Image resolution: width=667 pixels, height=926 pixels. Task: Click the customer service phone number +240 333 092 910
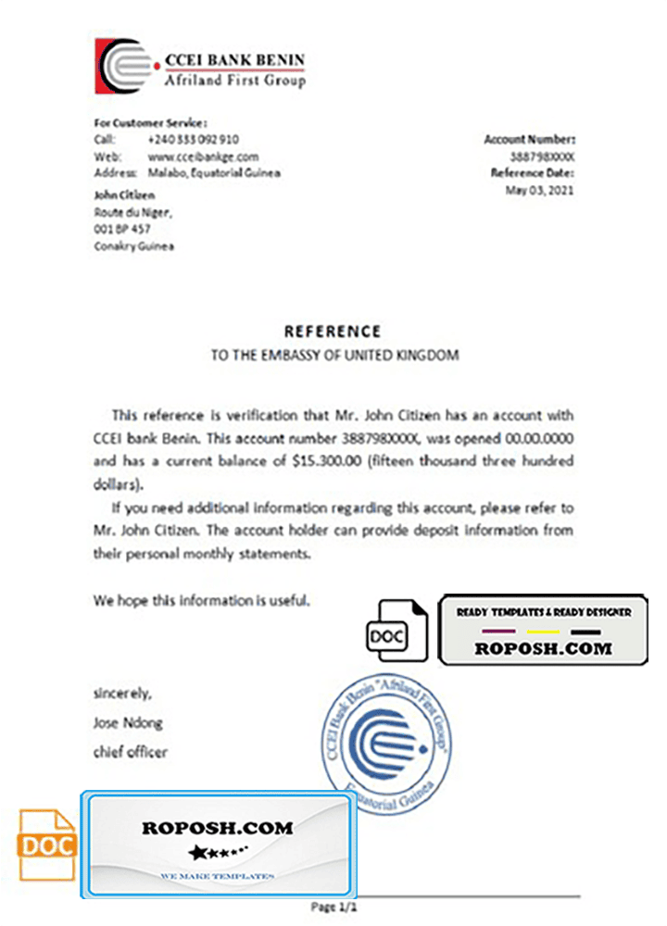[x=193, y=139]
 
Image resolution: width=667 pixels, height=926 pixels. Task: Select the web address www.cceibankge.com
[x=203, y=156]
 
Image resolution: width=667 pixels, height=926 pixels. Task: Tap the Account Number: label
[x=529, y=139]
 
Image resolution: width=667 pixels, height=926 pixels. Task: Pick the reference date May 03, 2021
[x=539, y=191]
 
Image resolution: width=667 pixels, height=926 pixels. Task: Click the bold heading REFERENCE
[x=333, y=331]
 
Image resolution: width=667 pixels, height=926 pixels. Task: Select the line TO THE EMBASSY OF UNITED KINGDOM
[x=333, y=355]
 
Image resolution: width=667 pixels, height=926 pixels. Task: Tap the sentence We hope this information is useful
[x=202, y=600]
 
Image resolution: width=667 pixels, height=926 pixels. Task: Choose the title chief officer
[x=131, y=752]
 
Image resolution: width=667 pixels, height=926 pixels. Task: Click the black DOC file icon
[x=396, y=630]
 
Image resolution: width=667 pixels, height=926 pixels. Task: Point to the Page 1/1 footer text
[x=334, y=907]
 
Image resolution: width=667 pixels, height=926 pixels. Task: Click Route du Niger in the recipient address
[x=133, y=212]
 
